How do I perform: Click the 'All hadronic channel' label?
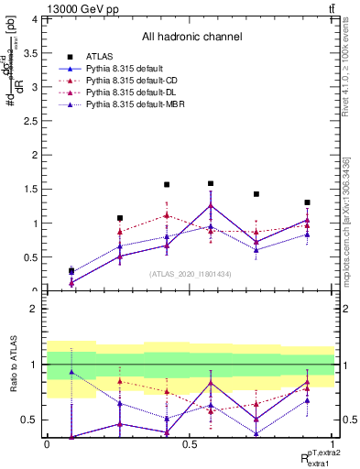tap(191, 37)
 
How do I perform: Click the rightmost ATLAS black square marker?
tap(307, 202)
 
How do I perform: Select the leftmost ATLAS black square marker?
tap(71, 271)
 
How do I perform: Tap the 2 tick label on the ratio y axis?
tap(35, 309)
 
